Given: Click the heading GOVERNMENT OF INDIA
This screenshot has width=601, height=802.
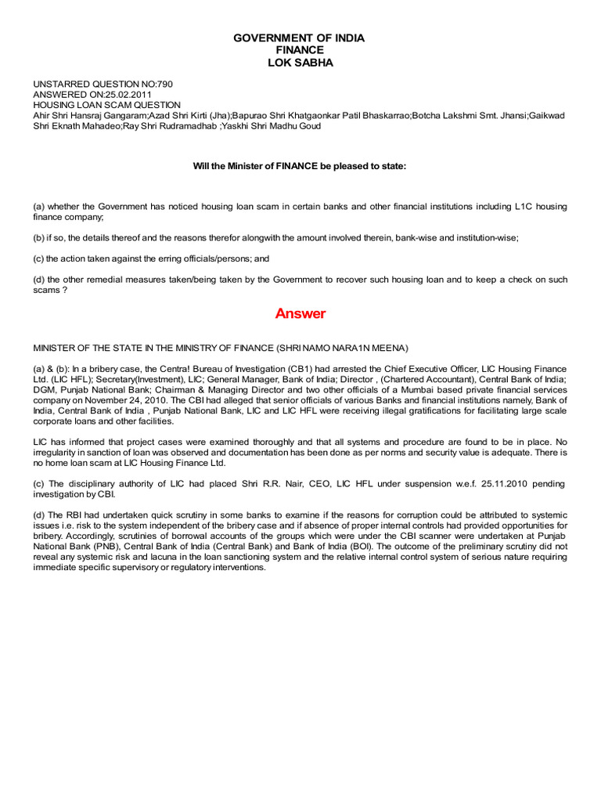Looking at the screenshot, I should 300,38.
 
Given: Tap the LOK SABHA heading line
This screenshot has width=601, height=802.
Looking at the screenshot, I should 300,63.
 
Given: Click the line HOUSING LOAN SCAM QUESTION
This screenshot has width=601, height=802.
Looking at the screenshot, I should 106,105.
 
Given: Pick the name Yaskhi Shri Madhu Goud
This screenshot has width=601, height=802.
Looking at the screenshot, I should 271,126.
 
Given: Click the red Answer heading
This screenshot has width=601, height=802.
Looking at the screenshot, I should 300,314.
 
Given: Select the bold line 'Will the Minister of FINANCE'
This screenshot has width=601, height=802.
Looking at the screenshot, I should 300,166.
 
